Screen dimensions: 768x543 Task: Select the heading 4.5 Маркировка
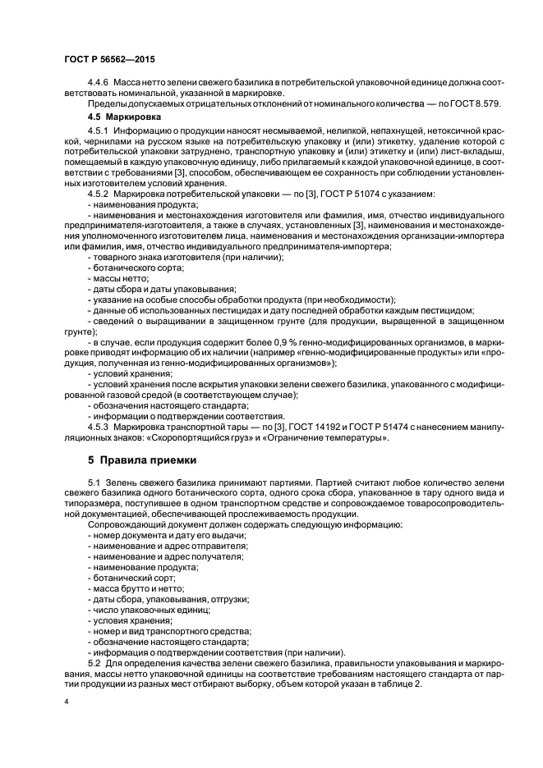coord(122,117)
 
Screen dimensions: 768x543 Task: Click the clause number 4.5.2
coord(98,194)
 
